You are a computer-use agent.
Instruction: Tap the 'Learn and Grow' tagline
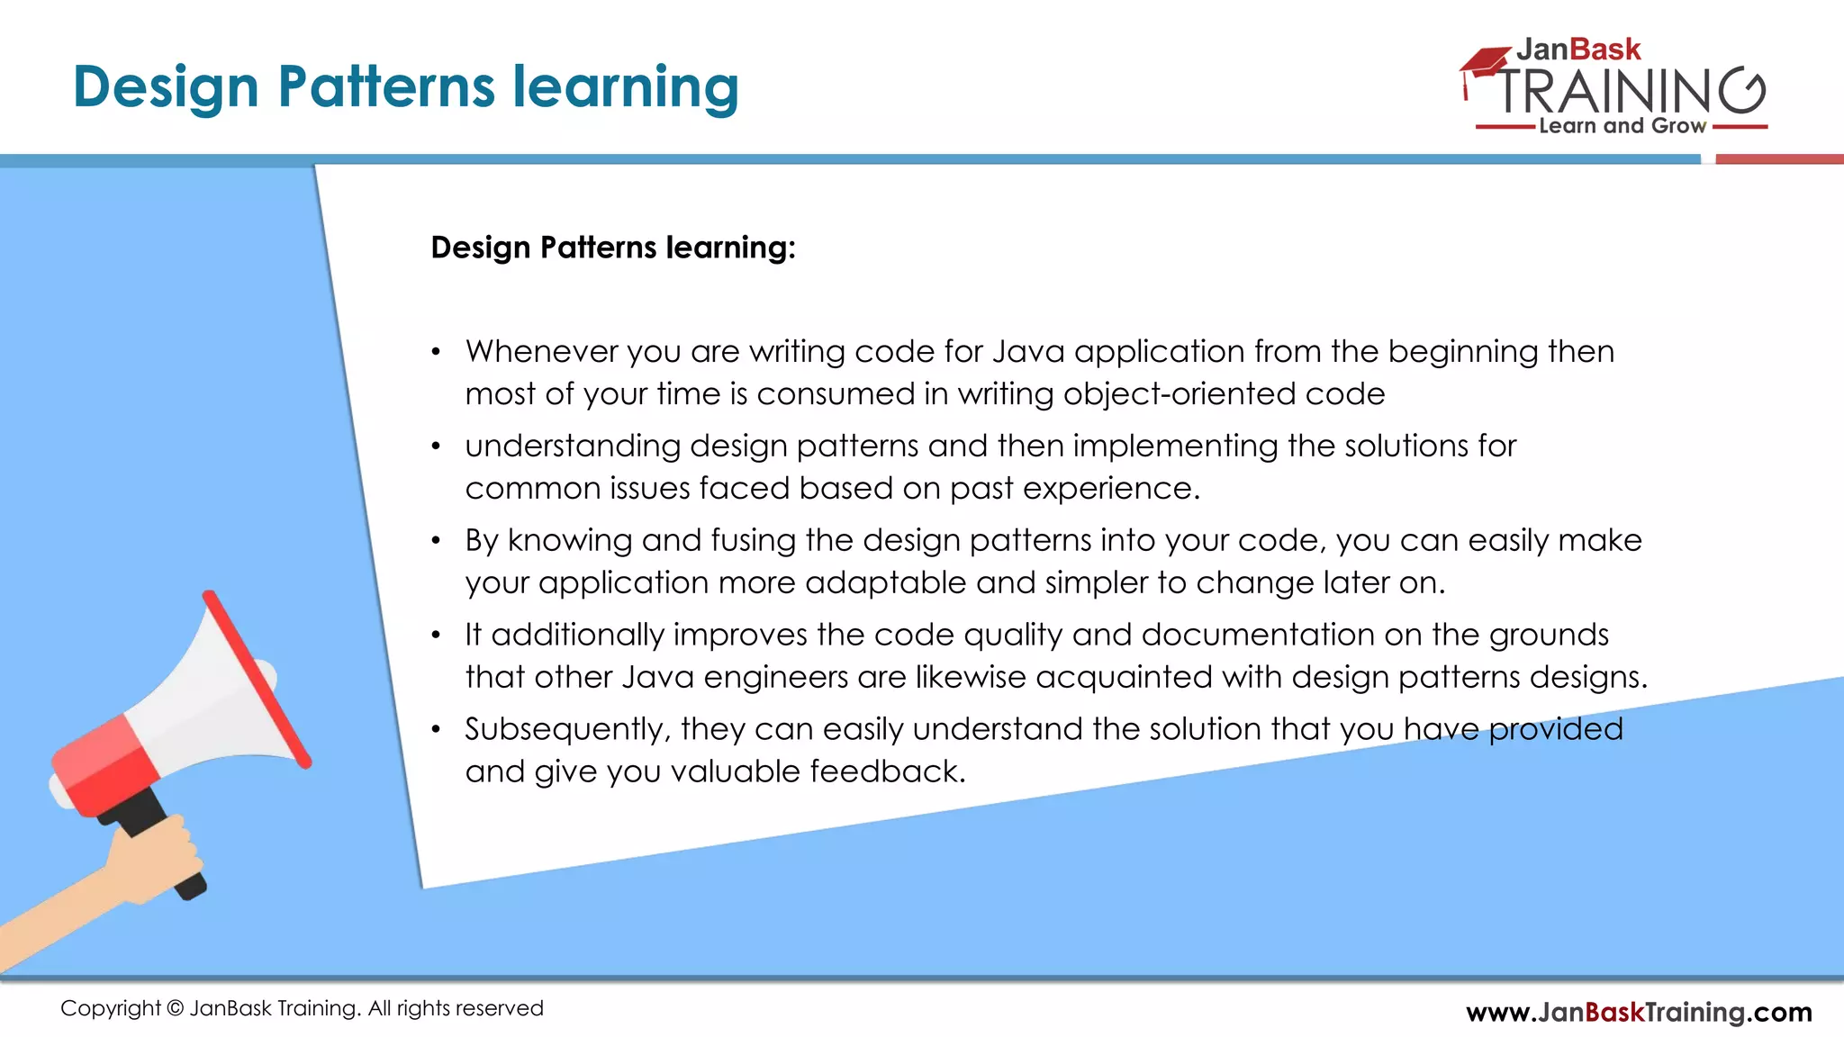[1622, 126]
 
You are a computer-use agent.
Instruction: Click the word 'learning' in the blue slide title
[626, 87]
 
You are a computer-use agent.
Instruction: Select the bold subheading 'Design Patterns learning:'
[613, 248]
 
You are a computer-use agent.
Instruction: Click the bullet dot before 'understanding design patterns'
[436, 446]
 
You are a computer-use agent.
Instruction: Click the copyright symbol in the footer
[175, 1008]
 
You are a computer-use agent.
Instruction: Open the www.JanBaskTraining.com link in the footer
[1639, 1012]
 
